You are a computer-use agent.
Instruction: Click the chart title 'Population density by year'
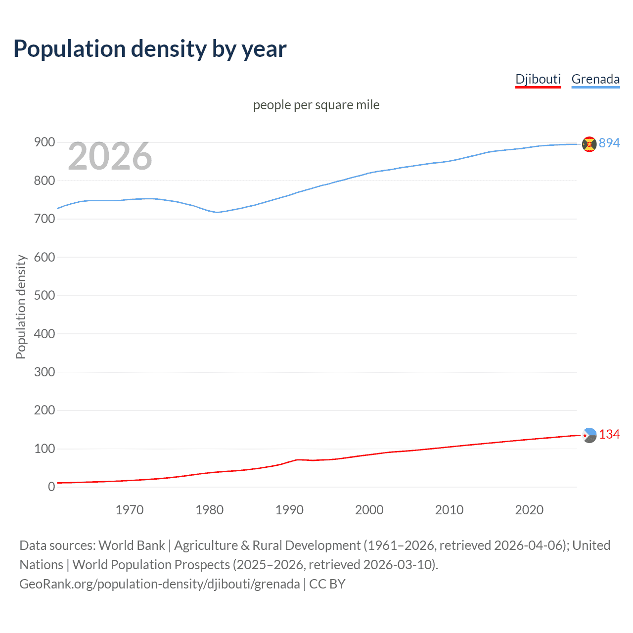tap(150, 49)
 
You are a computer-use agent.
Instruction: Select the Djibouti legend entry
tap(538, 79)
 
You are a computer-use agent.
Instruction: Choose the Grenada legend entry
tap(595, 79)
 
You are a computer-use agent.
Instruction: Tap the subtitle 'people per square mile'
tap(316, 105)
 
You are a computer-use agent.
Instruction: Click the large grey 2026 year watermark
tap(110, 156)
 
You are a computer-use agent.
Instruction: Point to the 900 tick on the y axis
tap(44, 142)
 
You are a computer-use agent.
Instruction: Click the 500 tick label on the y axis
tap(44, 295)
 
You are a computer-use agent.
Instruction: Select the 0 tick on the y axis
tap(51, 487)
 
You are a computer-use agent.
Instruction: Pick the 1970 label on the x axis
tap(130, 510)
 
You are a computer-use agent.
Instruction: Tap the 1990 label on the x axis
tap(289, 510)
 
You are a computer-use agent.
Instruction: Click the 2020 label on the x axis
tap(529, 510)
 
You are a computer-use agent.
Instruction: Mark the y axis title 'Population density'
tap(21, 307)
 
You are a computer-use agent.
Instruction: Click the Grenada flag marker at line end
tap(589, 144)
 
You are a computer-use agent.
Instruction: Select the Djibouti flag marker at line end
tap(589, 435)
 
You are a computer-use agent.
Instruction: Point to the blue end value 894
tap(609, 143)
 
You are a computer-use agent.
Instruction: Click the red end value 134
tap(609, 434)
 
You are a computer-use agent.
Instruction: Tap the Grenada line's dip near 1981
tap(217, 212)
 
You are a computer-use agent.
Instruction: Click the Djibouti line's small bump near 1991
tap(297, 459)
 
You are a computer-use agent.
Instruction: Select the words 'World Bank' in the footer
tap(132, 545)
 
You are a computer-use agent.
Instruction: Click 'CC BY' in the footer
tap(327, 584)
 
